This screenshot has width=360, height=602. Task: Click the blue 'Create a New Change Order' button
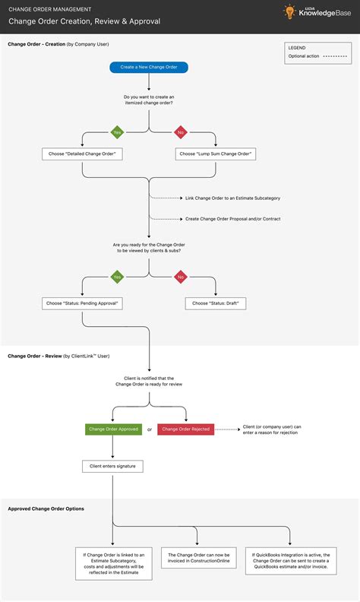click(x=149, y=67)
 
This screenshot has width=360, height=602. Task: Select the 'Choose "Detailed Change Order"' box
click(x=82, y=154)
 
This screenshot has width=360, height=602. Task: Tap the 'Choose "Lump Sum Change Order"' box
click(x=216, y=154)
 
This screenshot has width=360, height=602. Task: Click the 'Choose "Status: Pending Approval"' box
click(x=82, y=303)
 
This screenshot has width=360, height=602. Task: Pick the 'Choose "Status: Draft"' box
click(x=216, y=303)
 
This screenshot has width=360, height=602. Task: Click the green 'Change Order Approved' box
click(x=113, y=429)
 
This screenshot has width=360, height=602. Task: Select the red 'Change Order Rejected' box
click(x=185, y=429)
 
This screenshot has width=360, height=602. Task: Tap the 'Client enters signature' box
click(x=113, y=465)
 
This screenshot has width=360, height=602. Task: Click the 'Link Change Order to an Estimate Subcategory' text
click(x=232, y=198)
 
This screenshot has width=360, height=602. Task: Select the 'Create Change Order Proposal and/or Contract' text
click(x=233, y=218)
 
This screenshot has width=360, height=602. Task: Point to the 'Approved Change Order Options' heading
click(x=46, y=509)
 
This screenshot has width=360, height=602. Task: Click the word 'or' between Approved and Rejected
click(x=149, y=429)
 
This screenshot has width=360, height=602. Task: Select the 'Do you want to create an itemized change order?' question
click(x=149, y=100)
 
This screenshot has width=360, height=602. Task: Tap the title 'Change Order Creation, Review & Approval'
click(x=84, y=21)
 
